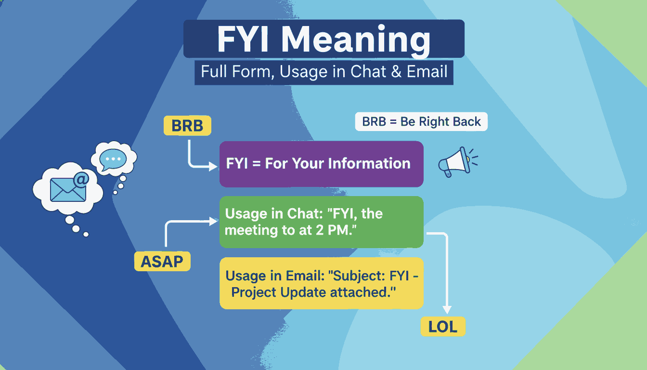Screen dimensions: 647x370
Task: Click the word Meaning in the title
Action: coord(356,40)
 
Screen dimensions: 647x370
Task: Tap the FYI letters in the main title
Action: coord(243,39)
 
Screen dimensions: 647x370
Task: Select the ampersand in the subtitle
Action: coord(396,72)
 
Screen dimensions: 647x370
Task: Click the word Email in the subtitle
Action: coord(427,71)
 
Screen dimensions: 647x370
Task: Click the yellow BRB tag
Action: coord(187,126)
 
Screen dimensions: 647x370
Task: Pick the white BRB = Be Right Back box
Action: coord(421,122)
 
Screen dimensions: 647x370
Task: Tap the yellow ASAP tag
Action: coord(162,262)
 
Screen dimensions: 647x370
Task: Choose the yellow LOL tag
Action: coord(443,327)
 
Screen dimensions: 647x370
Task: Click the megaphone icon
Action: coord(458,161)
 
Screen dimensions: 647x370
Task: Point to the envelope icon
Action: coord(68,190)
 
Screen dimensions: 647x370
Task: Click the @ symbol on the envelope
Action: coord(81,180)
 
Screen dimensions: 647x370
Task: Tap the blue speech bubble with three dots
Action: coord(113,159)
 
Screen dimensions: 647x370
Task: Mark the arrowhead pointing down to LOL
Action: coord(447,310)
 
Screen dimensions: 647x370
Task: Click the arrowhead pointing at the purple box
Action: coord(213,166)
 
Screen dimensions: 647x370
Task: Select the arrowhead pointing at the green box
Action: coord(213,222)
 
